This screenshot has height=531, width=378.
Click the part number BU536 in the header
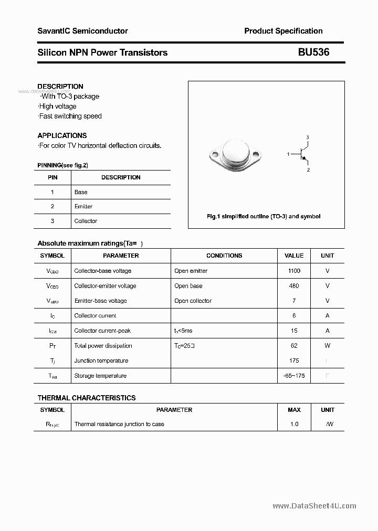pyautogui.click(x=314, y=52)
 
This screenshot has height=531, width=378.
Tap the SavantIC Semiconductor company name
pyautogui.click(x=82, y=31)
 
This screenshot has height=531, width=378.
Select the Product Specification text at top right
pyautogui.click(x=283, y=31)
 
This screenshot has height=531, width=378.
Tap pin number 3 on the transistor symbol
pyautogui.click(x=308, y=137)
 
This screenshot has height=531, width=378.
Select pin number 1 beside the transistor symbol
pyautogui.click(x=288, y=154)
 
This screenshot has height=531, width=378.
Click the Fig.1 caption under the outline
pyautogui.click(x=263, y=216)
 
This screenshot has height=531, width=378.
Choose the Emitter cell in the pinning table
pyautogui.click(x=83, y=207)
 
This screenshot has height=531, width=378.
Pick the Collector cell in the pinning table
pyautogui.click(x=86, y=221)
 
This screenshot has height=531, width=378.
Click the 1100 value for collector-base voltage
pyautogui.click(x=294, y=271)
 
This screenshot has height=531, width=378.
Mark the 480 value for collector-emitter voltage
pyautogui.click(x=294, y=286)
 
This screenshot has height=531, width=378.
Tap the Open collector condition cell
pyautogui.click(x=193, y=301)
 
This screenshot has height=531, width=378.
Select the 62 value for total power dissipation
pyautogui.click(x=294, y=346)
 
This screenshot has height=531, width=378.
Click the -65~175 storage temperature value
pyautogui.click(x=294, y=376)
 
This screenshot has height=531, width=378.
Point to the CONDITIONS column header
pyautogui.click(x=224, y=256)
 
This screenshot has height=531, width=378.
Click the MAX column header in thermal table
pyautogui.click(x=294, y=410)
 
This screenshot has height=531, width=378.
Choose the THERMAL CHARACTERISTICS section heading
pyautogui.click(x=87, y=398)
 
